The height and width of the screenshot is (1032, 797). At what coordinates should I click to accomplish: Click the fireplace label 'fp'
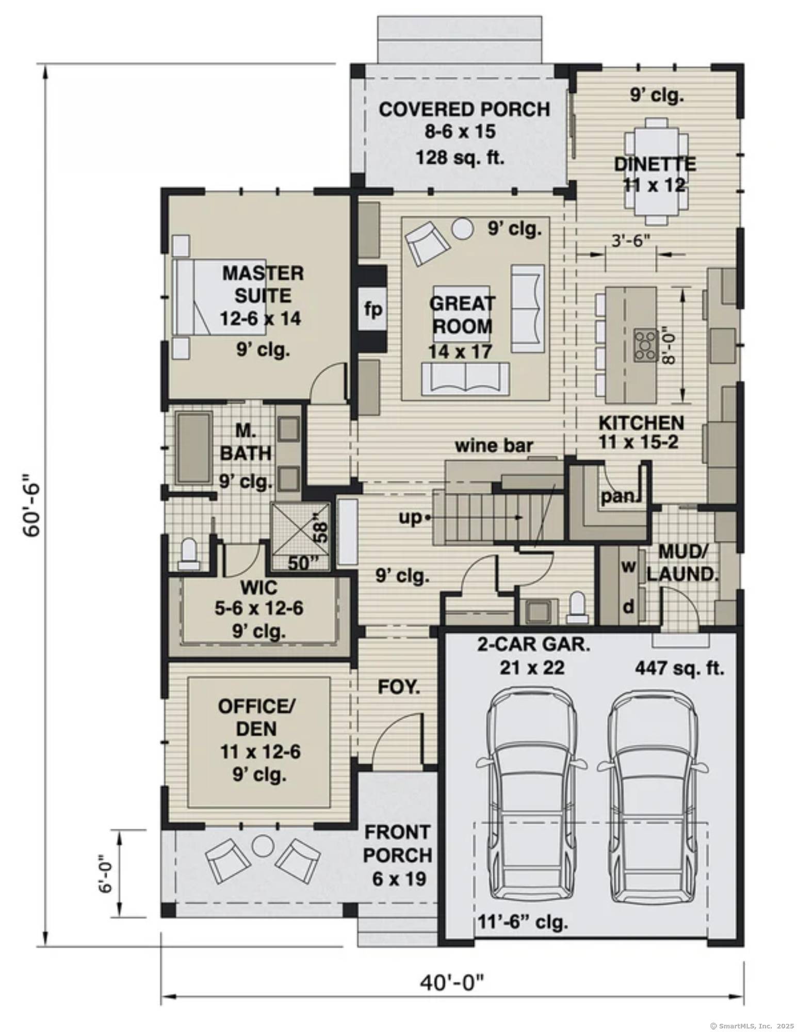click(x=373, y=310)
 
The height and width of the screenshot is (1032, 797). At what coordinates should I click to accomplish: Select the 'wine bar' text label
click(x=493, y=445)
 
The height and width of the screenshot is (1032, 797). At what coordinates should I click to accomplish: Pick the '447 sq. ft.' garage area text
click(x=679, y=668)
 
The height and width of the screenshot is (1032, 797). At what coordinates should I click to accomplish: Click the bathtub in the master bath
click(x=194, y=447)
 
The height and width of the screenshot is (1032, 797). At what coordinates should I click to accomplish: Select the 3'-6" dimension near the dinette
click(x=630, y=240)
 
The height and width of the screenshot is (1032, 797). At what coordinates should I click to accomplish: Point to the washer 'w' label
click(x=628, y=566)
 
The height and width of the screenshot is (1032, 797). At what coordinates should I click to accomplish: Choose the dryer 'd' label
click(x=628, y=607)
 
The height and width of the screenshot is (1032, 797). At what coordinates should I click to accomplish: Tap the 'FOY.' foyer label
click(x=399, y=687)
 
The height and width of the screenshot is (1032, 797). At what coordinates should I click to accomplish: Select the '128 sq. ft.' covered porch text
click(x=460, y=157)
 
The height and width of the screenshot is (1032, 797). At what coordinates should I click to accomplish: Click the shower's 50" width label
click(x=301, y=563)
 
